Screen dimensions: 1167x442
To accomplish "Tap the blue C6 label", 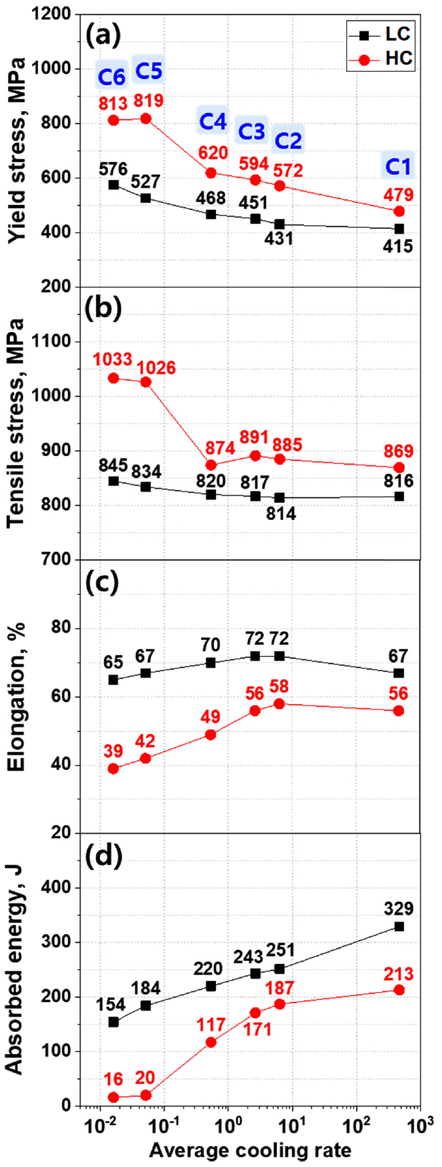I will click(112, 77).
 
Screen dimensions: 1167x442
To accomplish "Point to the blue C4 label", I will click(212, 122).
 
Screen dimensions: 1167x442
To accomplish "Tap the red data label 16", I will click(112, 1079).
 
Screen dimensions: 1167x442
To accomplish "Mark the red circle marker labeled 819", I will click(146, 118).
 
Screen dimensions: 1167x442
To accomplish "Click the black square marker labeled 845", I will click(114, 481).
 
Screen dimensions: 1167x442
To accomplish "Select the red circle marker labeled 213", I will click(399, 990).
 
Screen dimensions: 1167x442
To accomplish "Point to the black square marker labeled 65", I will click(114, 680).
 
